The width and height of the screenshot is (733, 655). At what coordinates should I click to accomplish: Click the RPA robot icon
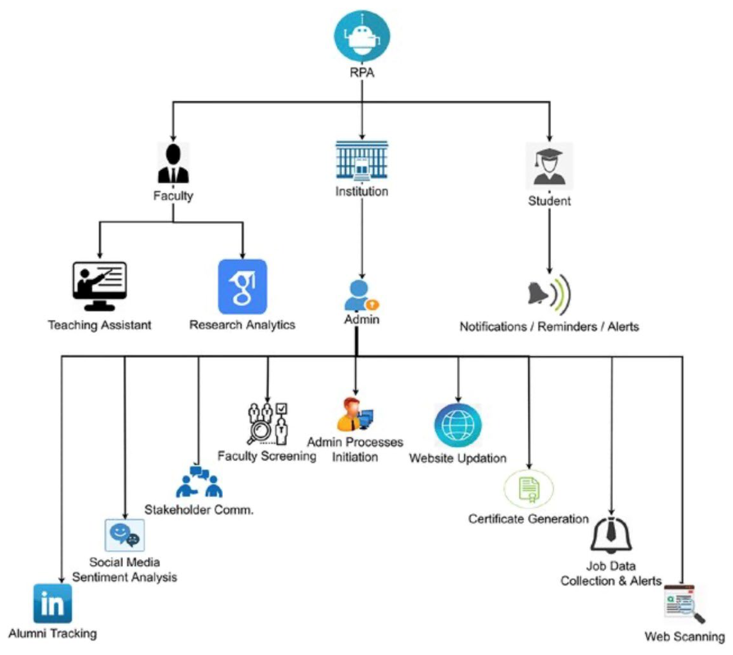pos(362,36)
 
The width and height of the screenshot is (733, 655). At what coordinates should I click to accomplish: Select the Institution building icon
pos(362,160)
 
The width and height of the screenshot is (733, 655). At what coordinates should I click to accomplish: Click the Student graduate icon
pos(549,166)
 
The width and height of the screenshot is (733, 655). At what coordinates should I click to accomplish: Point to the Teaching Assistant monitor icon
pos(99,285)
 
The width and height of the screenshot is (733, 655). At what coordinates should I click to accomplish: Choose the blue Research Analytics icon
pos(242,286)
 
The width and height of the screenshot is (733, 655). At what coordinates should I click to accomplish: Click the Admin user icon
pos(360,296)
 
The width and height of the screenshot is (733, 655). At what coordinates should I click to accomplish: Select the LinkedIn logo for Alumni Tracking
pos(53,603)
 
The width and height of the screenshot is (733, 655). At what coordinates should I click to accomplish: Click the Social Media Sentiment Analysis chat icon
pos(125,535)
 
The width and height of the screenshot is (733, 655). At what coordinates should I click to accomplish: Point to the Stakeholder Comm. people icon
pos(199,482)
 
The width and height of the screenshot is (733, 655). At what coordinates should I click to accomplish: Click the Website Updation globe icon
pos(458,425)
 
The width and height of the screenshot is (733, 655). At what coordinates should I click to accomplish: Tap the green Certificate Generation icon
pos(529,489)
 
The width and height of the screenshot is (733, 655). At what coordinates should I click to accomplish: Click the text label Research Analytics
pos(242,325)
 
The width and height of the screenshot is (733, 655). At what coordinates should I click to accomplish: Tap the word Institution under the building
pos(362,191)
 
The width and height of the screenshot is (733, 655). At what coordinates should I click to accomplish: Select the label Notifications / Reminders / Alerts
pos(549,327)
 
